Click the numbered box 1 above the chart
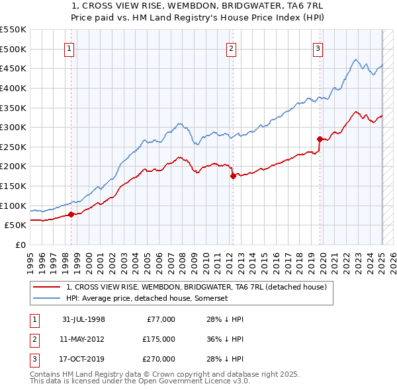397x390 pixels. point(70,48)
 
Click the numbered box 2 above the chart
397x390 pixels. point(231,48)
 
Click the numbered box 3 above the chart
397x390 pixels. point(318,48)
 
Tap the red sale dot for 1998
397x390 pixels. point(71,214)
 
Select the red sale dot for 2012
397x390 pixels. point(233,176)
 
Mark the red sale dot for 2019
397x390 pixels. point(320,139)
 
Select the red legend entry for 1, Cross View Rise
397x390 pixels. point(197,288)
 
